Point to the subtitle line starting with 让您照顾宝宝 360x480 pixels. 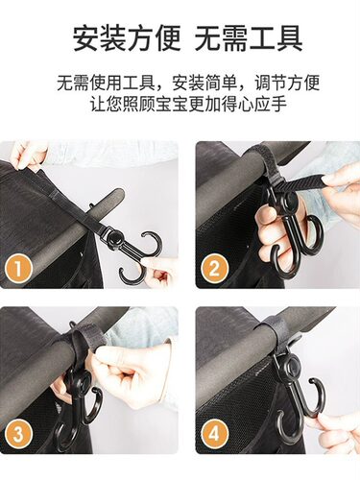click(180, 105)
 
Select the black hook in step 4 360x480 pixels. click(287, 394)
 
